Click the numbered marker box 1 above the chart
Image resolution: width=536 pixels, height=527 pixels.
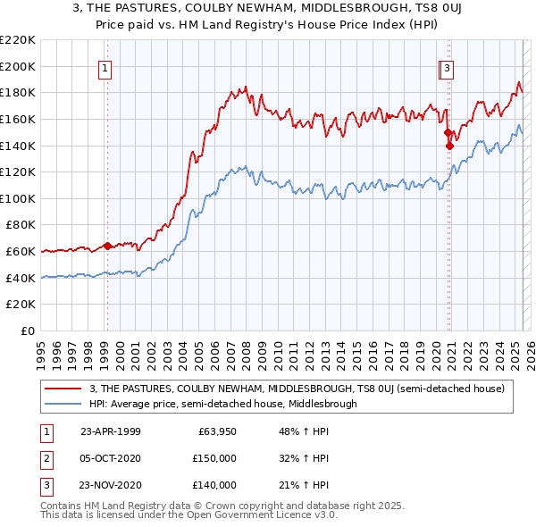click(105, 66)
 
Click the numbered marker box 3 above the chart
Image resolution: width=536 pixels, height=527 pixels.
click(446, 66)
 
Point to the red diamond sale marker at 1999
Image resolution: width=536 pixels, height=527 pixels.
click(107, 246)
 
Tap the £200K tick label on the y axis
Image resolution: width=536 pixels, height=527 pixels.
click(19, 66)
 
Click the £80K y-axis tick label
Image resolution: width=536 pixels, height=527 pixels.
click(21, 225)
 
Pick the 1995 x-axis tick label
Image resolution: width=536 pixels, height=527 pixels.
click(40, 349)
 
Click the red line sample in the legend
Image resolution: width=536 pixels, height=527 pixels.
click(63, 389)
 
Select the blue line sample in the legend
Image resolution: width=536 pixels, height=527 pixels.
click(63, 404)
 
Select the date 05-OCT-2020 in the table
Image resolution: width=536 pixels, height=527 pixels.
click(110, 458)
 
